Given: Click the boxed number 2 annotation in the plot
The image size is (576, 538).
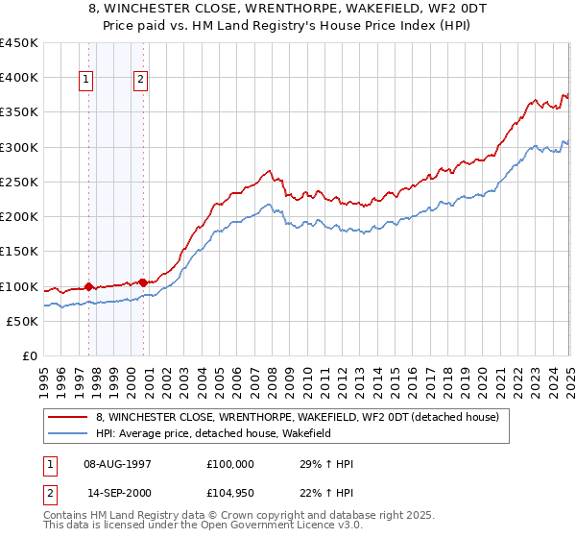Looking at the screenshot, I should click(x=141, y=81).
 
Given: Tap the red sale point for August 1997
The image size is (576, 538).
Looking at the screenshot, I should click(x=88, y=286).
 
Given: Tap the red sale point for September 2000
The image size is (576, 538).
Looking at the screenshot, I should click(x=143, y=282).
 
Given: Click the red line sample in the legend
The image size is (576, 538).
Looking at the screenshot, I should click(x=68, y=418).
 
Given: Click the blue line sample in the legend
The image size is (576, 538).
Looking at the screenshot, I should click(x=68, y=434).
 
